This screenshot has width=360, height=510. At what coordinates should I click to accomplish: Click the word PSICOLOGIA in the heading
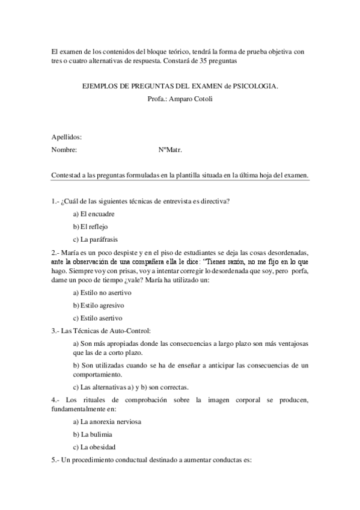[x=258, y=87]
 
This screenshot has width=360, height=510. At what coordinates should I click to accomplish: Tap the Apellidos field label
[x=67, y=137]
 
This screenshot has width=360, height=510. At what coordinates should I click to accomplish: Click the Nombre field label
[x=64, y=150]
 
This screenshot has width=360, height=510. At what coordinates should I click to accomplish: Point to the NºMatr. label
[x=169, y=150]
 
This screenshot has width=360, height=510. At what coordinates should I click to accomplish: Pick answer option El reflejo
[x=90, y=226]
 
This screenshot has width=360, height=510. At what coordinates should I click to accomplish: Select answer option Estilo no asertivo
[x=102, y=292]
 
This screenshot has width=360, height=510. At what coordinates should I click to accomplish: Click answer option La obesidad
[x=94, y=446]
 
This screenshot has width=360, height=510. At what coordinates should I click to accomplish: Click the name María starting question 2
[x=69, y=253]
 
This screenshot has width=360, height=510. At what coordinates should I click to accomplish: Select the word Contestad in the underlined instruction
[x=66, y=175]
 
